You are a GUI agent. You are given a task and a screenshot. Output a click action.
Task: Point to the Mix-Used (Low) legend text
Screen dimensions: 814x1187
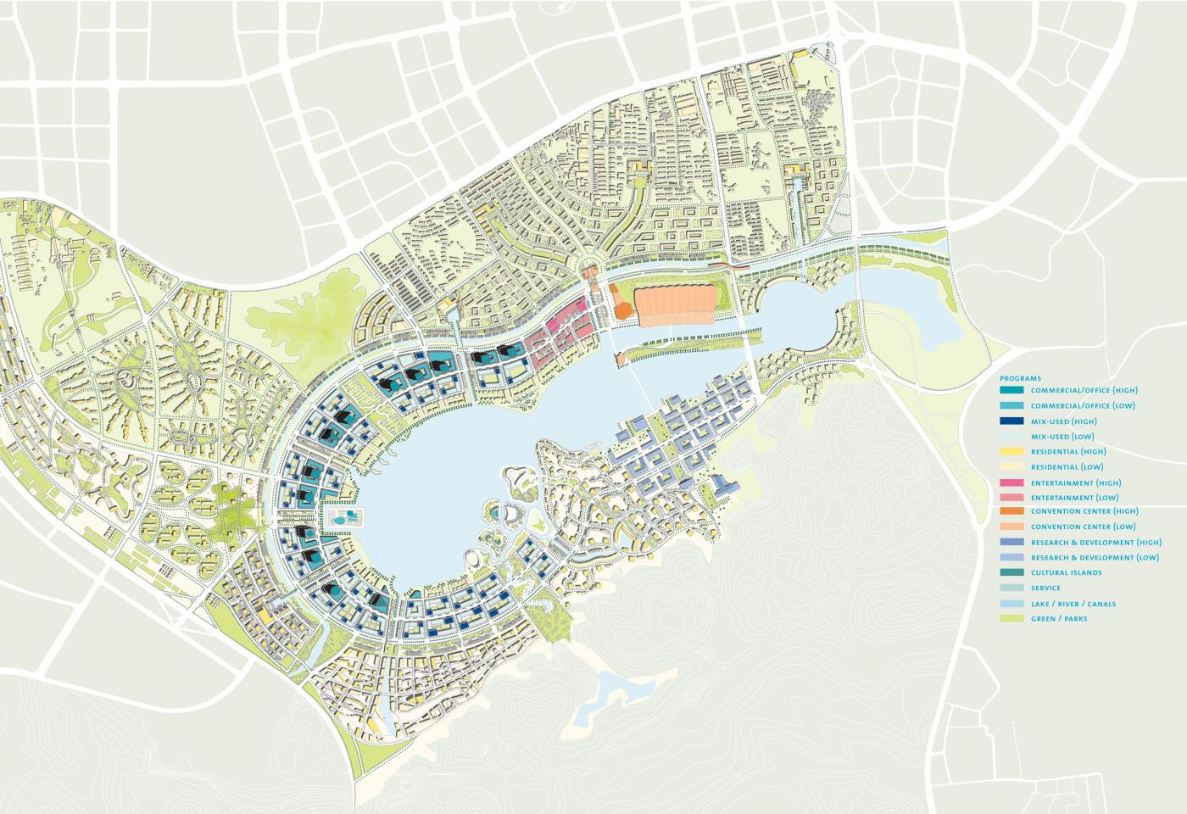point(1062,437)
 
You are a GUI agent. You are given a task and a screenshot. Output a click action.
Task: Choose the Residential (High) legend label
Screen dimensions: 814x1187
point(1068,452)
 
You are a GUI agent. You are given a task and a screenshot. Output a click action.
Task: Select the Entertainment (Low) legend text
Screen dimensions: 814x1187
point(1074,498)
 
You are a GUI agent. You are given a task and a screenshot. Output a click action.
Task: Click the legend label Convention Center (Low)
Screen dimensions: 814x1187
point(1084,527)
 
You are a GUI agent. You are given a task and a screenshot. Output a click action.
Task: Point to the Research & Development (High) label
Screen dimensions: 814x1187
point(1095,543)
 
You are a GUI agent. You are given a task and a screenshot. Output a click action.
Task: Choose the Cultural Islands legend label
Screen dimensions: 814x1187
point(1067,573)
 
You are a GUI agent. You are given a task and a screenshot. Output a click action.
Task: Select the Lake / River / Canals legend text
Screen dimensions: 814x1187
point(1073,605)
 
